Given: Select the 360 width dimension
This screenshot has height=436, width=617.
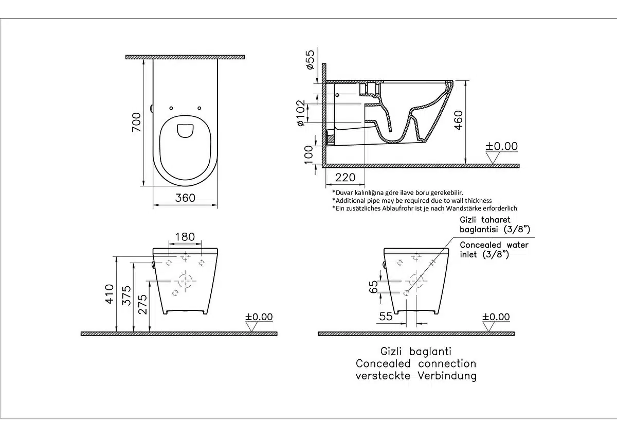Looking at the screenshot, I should pos(185,198).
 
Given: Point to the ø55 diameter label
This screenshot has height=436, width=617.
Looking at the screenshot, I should pos(310,60).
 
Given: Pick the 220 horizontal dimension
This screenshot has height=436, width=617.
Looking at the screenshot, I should pos(346,178).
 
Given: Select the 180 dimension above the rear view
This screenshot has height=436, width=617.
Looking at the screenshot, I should pos(185,236).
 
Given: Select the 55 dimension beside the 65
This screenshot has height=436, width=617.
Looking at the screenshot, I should pos(386,317).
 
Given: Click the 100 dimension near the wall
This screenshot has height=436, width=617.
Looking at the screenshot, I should pos(308,154).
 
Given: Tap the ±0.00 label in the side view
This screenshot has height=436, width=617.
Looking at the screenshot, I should pos(501,146).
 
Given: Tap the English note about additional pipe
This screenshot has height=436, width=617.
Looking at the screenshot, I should pos(412,200).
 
